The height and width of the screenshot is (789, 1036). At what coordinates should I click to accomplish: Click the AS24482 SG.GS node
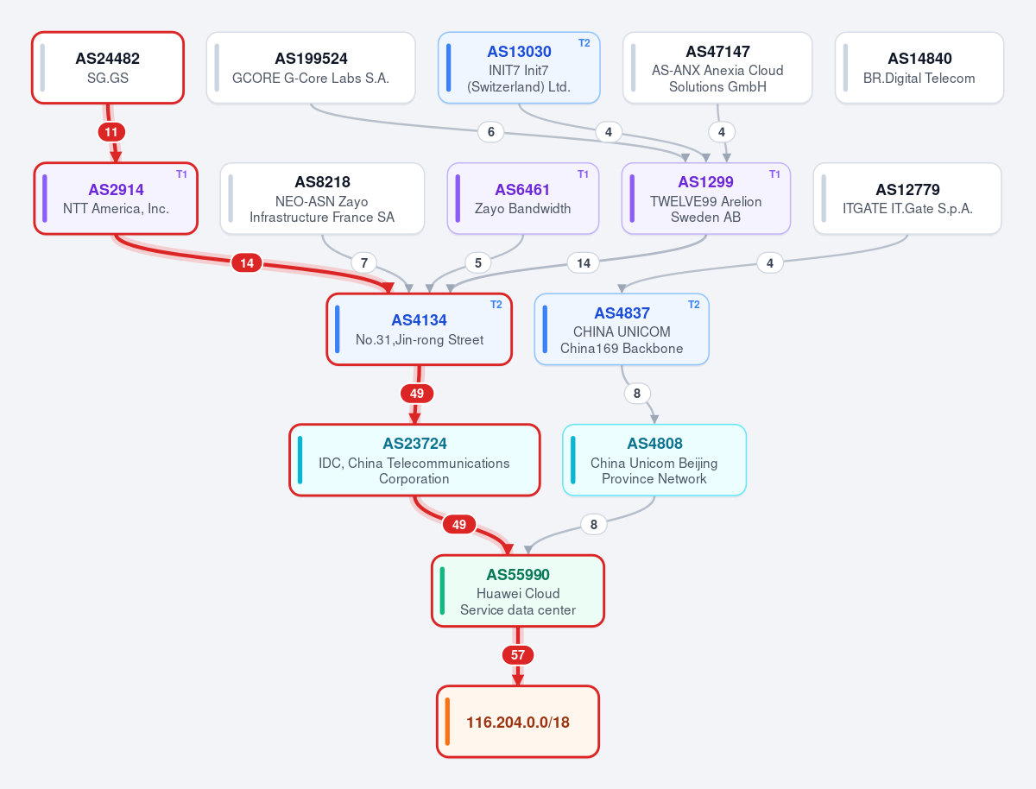tap(108, 67)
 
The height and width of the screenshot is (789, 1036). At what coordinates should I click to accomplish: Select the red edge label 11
tap(111, 132)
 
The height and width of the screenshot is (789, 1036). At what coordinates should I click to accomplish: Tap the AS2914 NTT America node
tap(116, 199)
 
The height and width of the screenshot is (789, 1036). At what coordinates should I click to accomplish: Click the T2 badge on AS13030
tap(584, 43)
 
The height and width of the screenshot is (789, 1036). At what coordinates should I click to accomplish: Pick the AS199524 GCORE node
tap(311, 67)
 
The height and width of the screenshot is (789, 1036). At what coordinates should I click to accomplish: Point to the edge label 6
tap(491, 132)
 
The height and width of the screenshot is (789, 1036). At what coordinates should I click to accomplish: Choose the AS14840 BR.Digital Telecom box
tap(919, 67)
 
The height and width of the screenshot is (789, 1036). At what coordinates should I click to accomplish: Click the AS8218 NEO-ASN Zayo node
tap(322, 199)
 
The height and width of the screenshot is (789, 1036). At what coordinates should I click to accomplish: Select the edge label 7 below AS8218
tap(364, 262)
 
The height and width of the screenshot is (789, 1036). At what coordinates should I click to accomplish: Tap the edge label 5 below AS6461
tap(477, 262)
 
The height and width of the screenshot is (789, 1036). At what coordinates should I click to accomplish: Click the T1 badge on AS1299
tap(774, 174)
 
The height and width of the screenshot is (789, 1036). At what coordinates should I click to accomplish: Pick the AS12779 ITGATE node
tap(907, 199)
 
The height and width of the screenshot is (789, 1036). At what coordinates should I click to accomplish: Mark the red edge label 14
tap(247, 262)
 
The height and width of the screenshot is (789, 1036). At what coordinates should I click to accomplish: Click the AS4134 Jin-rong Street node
tap(419, 329)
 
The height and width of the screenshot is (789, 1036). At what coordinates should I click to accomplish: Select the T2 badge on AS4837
tap(693, 305)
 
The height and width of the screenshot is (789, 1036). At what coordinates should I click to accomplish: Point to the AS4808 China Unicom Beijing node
tap(654, 460)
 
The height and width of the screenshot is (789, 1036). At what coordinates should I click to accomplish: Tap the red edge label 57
tap(518, 655)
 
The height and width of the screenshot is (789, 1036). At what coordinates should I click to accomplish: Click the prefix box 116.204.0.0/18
tap(518, 722)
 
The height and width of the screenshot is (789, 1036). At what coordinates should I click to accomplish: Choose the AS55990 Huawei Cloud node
tap(518, 590)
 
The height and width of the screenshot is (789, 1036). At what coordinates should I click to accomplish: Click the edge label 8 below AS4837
tap(636, 394)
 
